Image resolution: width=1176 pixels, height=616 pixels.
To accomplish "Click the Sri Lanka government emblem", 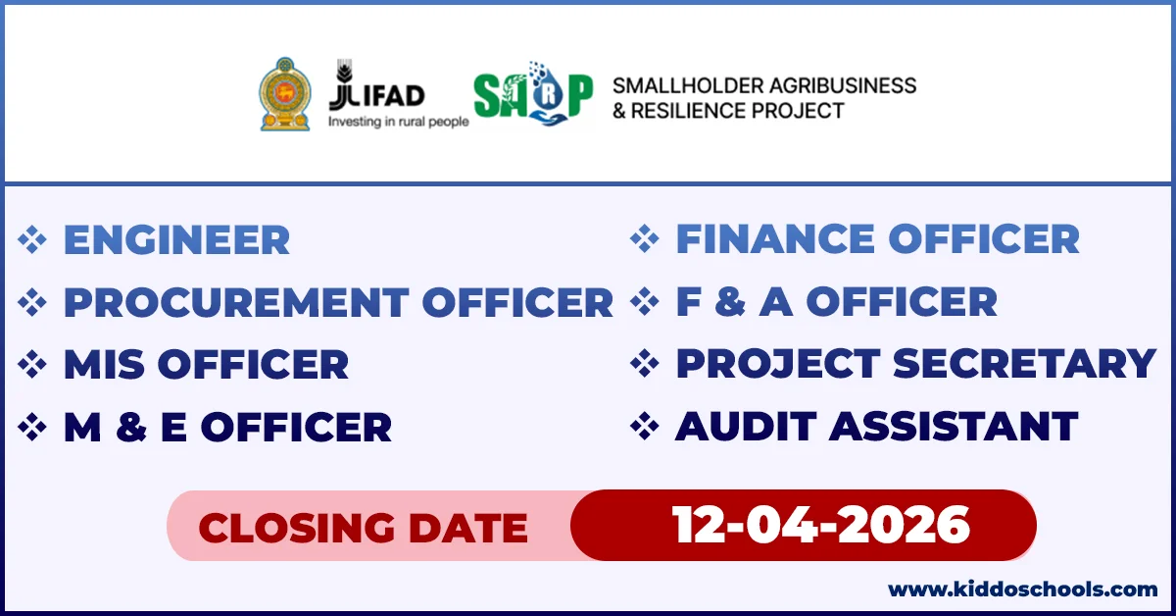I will click(283, 94).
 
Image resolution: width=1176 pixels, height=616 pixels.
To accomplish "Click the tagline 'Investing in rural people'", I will click(397, 122).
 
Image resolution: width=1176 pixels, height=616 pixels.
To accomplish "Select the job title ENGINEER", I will click(176, 240).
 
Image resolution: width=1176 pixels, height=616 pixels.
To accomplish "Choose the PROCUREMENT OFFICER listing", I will click(338, 302).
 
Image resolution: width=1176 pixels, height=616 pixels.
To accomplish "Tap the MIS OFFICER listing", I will click(206, 365).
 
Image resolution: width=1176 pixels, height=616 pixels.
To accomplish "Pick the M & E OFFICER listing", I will click(227, 428).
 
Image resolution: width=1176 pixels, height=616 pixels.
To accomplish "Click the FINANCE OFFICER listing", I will click(877, 239).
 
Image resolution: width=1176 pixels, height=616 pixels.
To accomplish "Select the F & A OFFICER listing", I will click(836, 302).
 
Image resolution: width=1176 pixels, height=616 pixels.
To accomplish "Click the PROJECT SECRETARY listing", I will click(915, 364).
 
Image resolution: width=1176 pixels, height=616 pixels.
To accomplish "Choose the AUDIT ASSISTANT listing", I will click(876, 427).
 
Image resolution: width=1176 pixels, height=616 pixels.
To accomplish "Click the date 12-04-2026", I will click(820, 526).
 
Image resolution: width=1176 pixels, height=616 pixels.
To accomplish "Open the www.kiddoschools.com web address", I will click(1022, 590).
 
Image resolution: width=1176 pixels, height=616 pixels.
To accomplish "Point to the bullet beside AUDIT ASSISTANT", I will click(644, 427).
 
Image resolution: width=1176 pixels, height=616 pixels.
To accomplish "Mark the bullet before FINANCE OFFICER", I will click(644, 239).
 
